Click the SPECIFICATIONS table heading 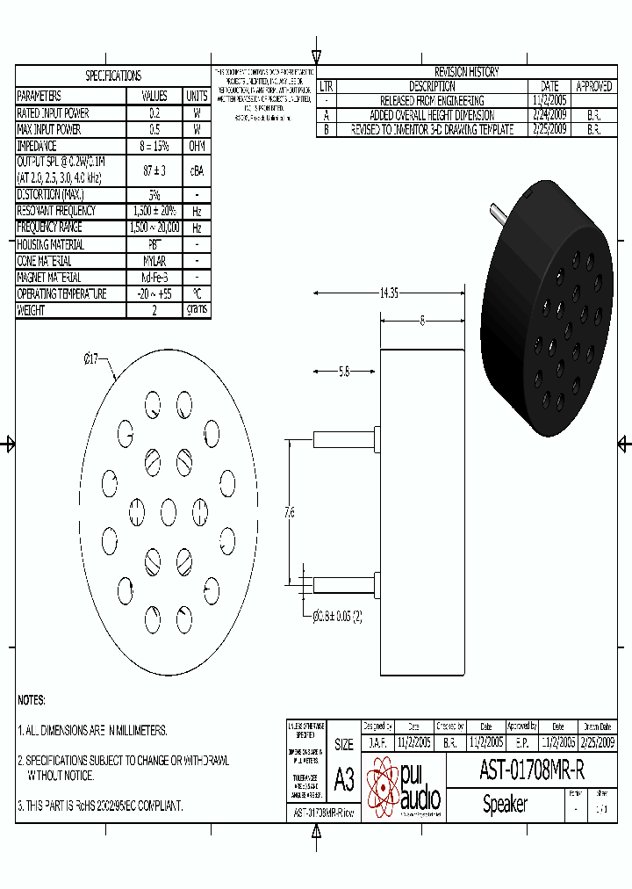pos(112,76)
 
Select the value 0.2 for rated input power pos(154,113)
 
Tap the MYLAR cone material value pos(154,261)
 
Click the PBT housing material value pos(154,245)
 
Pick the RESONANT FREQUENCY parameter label pos(57,211)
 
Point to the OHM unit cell pos(197,146)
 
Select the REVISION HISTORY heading pos(466,72)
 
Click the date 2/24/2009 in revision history pos(549,115)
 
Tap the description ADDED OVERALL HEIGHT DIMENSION pos(432,115)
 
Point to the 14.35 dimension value pos(389,293)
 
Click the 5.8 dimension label pos(345,372)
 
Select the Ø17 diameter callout pos(91,358)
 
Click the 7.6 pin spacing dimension pos(290,512)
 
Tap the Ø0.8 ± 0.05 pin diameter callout pos(338,616)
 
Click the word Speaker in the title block pos(506,805)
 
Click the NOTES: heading pos(32,700)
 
